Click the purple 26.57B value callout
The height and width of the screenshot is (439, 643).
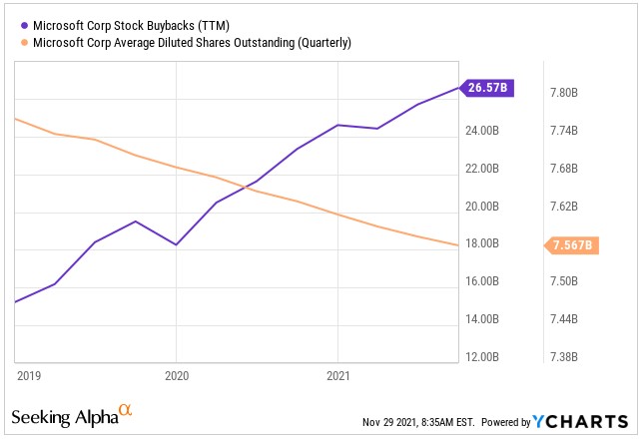[486, 88]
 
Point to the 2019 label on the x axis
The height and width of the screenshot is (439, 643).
[30, 375]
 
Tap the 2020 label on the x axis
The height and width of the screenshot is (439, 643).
[176, 375]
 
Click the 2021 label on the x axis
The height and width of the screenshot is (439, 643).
[338, 375]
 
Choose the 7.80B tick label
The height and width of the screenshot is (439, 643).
[565, 93]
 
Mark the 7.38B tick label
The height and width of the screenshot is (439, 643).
[565, 357]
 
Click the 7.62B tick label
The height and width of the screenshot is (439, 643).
[565, 207]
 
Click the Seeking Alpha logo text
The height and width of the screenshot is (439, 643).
[65, 416]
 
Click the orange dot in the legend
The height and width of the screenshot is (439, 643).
[25, 43]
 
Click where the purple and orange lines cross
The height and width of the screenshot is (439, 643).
[247, 186]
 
